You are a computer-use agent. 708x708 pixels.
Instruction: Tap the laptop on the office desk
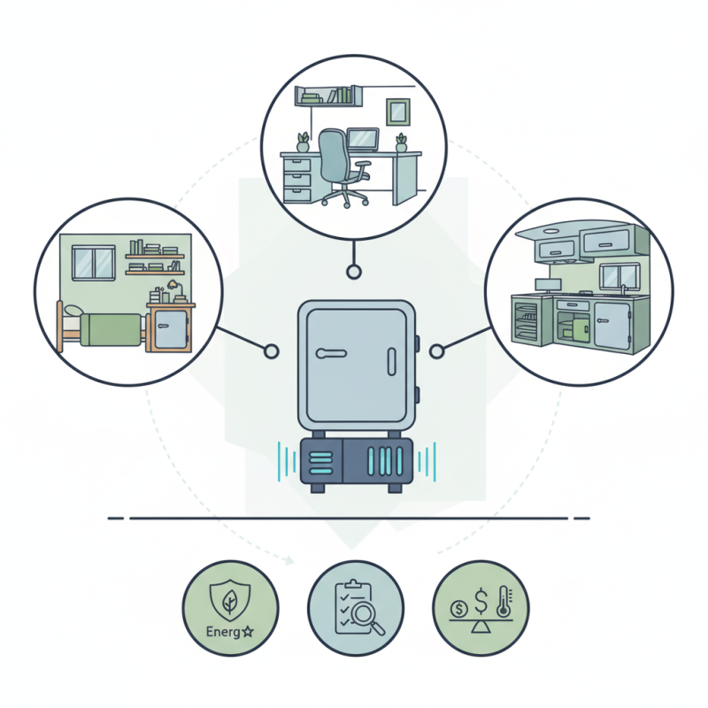pyautogui.click(x=363, y=139)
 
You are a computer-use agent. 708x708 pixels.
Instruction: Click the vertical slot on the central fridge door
pyautogui.click(x=386, y=361)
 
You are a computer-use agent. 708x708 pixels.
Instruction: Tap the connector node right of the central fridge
pyautogui.click(x=435, y=352)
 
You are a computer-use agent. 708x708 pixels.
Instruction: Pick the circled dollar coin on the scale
pyautogui.click(x=458, y=610)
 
